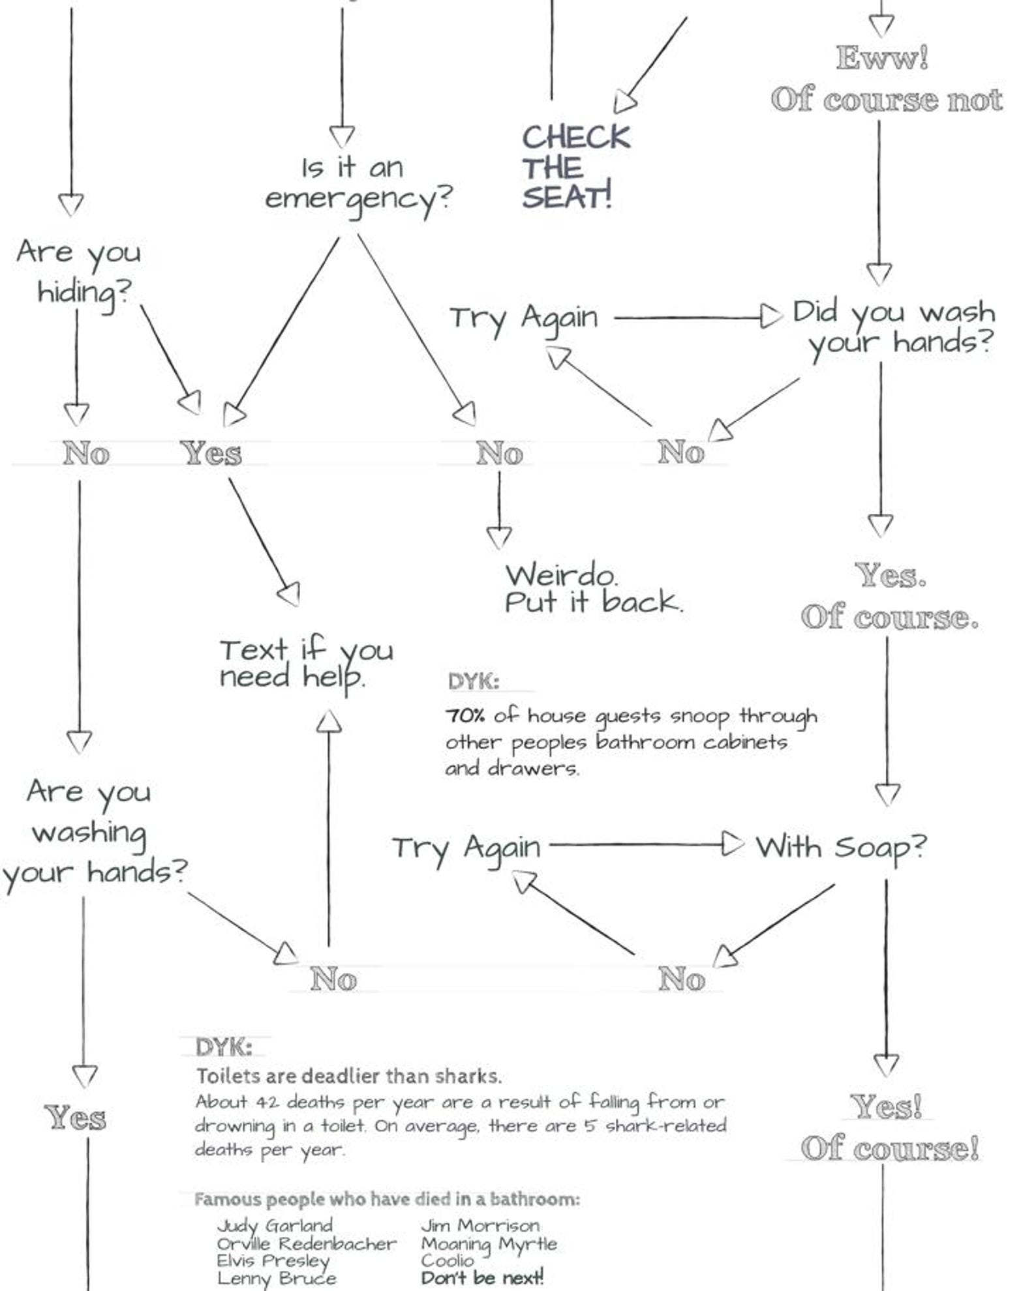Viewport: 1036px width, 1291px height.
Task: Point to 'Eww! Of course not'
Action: pyautogui.click(x=886, y=80)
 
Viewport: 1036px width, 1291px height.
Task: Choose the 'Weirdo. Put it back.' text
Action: pyautogui.click(x=592, y=589)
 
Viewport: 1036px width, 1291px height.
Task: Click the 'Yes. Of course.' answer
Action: pyautogui.click(x=890, y=596)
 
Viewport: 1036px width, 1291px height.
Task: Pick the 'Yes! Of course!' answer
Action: pyautogui.click(x=889, y=1128)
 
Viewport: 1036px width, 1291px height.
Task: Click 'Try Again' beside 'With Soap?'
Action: pyautogui.click(x=466, y=848)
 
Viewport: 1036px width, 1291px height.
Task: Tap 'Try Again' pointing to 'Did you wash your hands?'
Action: pyautogui.click(x=523, y=318)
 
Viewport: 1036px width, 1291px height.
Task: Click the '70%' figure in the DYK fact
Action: pyautogui.click(x=465, y=716)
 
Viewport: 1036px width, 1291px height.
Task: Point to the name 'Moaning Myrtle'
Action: pyautogui.click(x=489, y=1244)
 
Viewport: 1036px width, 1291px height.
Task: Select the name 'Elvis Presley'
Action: pyautogui.click(x=273, y=1261)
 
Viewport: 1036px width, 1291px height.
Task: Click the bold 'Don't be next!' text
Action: pyautogui.click(x=481, y=1278)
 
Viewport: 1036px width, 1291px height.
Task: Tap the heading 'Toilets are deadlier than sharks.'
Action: pyautogui.click(x=348, y=1076)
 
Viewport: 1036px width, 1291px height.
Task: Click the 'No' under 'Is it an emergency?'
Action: pyautogui.click(x=499, y=453)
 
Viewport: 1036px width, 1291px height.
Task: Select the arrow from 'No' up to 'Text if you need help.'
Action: pyautogui.click(x=329, y=828)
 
